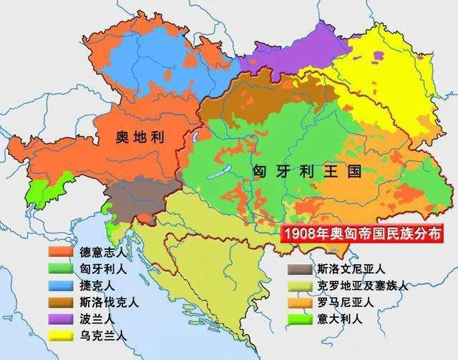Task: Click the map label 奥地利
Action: coord(141,137)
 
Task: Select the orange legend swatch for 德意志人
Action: coord(62,252)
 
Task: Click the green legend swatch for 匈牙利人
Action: coord(62,268)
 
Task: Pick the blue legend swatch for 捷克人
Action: coord(62,285)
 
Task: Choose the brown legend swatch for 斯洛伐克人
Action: coord(62,301)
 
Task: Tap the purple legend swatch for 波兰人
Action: coord(62,318)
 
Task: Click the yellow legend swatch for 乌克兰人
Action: coord(62,334)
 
